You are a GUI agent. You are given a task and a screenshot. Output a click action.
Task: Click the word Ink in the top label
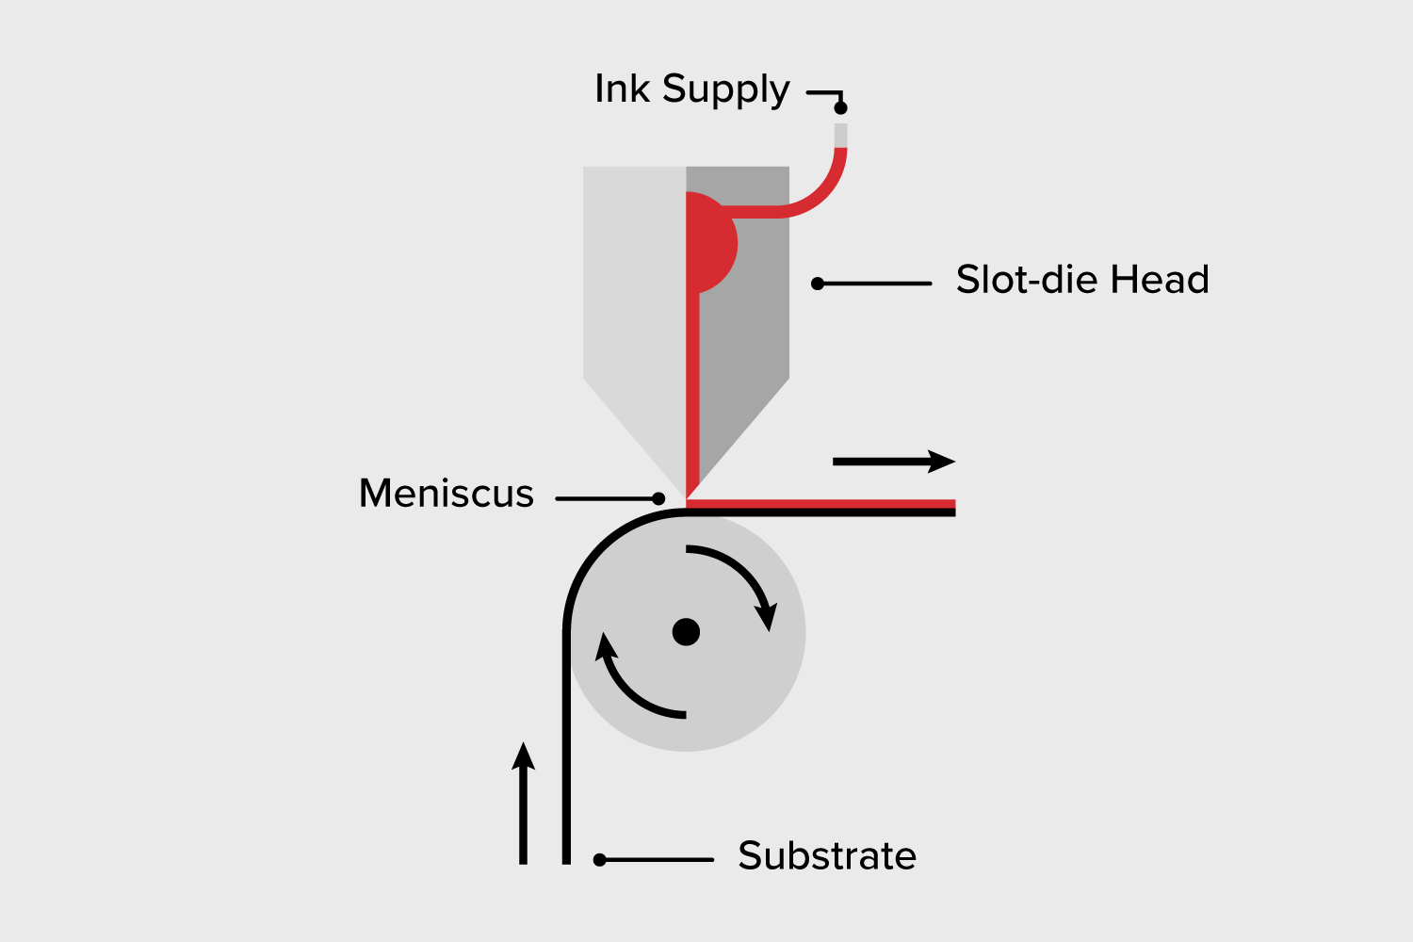pyautogui.click(x=622, y=89)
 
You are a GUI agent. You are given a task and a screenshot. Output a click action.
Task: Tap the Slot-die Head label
pyautogui.click(x=1082, y=280)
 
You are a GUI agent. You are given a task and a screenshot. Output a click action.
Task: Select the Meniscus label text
pyautogui.click(x=447, y=494)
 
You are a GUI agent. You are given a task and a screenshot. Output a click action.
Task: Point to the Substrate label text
pyautogui.click(x=827, y=856)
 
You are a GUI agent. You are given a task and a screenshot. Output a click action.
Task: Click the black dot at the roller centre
pyautogui.click(x=686, y=631)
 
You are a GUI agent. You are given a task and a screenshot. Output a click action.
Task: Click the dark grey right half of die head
pyautogui.click(x=754, y=330)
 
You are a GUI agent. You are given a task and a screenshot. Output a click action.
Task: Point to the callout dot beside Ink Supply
pyautogui.click(x=840, y=107)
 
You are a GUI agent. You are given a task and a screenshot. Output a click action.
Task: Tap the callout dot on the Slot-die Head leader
pyautogui.click(x=818, y=284)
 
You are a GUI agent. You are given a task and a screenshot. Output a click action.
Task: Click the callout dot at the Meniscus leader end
pyautogui.click(x=658, y=498)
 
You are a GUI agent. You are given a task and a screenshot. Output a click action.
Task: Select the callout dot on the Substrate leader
pyautogui.click(x=599, y=859)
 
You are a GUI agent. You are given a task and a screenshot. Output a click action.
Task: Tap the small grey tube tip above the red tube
pyautogui.click(x=840, y=135)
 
